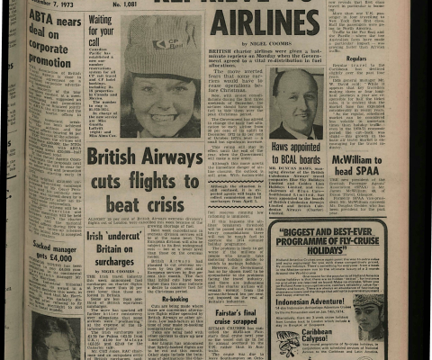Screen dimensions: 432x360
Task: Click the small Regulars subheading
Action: click(383, 58)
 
